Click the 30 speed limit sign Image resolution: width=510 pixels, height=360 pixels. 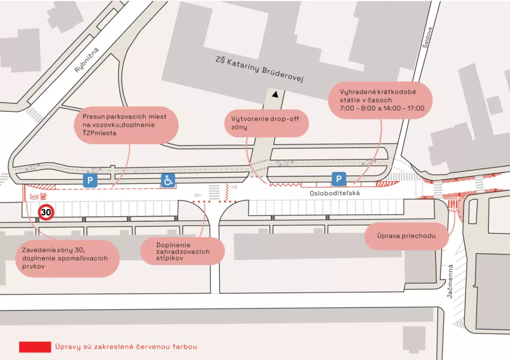pyautogui.click(x=46, y=213)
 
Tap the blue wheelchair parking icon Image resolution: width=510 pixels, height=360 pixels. pyautogui.click(x=168, y=180)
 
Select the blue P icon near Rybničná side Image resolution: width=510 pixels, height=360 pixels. pyautogui.click(x=90, y=180)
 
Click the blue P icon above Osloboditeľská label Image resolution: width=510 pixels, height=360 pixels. pyautogui.click(x=338, y=179)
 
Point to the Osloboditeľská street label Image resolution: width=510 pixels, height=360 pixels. pyautogui.click(x=335, y=194)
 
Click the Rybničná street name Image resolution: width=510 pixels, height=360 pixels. pyautogui.click(x=87, y=60)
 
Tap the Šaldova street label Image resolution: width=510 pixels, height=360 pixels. pyautogui.click(x=427, y=37)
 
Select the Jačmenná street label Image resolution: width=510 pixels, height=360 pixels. pyautogui.click(x=450, y=281)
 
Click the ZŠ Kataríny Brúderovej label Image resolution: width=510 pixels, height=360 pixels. pyautogui.click(x=259, y=69)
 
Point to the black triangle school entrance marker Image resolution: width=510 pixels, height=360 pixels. pyautogui.click(x=275, y=95)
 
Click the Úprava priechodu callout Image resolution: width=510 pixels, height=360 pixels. pyautogui.click(x=406, y=236)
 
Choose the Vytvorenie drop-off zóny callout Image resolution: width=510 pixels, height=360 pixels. pyautogui.click(x=266, y=123)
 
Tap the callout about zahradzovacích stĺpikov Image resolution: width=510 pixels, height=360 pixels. pyautogui.click(x=182, y=251)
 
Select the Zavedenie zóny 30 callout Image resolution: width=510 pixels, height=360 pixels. pyautogui.click(x=67, y=258)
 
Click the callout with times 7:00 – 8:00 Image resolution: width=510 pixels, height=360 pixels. pyautogui.click(x=380, y=101)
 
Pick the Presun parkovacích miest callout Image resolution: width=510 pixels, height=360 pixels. pyautogui.click(x=126, y=125)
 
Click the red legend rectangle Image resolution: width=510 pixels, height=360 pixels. pyautogui.click(x=35, y=347)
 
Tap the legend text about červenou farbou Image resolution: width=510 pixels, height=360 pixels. pyautogui.click(x=126, y=347)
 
